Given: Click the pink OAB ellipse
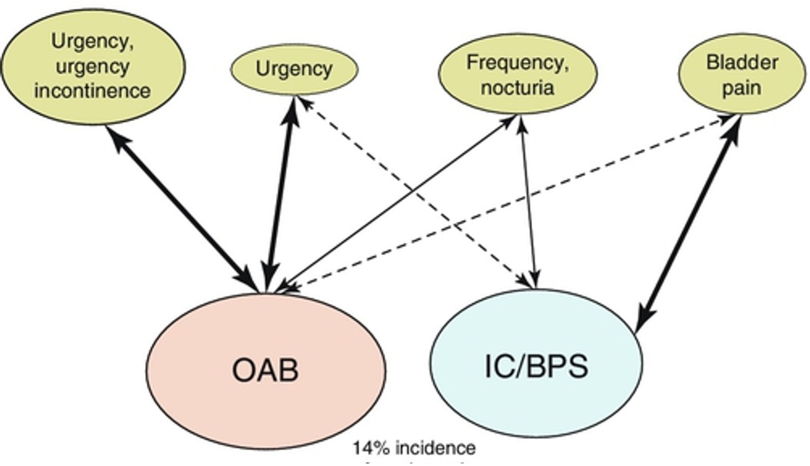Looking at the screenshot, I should [266, 372].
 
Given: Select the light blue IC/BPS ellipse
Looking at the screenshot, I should [536, 365].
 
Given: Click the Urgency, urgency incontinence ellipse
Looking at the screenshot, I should [93, 67].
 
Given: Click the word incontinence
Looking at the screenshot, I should [93, 91].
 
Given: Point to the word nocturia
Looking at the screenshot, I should [517, 88].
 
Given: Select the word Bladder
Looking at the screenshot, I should [742, 62].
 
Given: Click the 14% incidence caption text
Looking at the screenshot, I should [414, 448].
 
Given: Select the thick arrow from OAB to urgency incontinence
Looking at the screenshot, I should [181, 208].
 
